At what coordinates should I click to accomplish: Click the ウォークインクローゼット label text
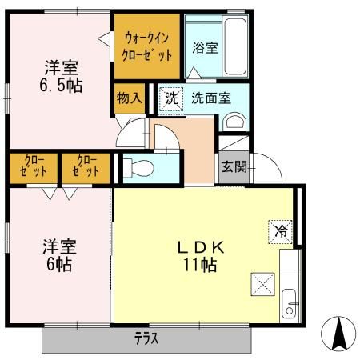click(x=147, y=46)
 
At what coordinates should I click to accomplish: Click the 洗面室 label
click(x=211, y=98)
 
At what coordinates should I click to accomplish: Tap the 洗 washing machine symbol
click(x=170, y=98)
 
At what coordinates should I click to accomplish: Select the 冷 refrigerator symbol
click(x=281, y=231)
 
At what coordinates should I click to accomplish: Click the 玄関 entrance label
click(x=234, y=167)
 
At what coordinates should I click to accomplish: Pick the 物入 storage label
click(x=129, y=98)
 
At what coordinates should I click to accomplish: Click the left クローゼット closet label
click(x=33, y=166)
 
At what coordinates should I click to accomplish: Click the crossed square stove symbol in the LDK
click(x=262, y=283)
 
